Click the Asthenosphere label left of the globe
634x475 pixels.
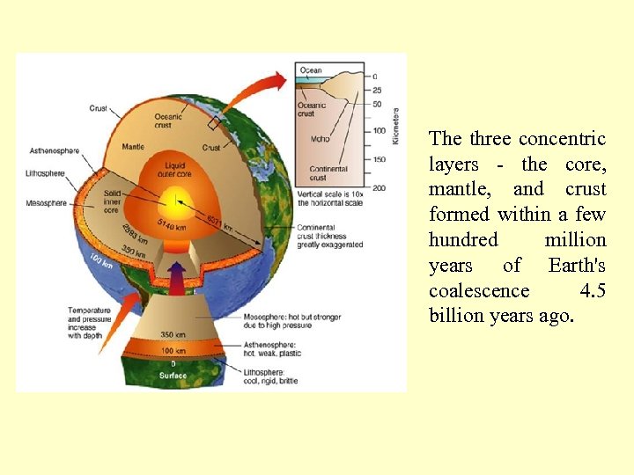point(54,150)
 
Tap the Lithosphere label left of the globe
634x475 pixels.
point(46,173)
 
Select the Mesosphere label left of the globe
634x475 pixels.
point(46,203)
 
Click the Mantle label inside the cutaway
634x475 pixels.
point(133,148)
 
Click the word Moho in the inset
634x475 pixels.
point(321,138)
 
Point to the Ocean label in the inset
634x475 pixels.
point(311,70)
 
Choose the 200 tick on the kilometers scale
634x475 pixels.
point(380,187)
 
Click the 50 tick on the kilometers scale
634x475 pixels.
point(378,104)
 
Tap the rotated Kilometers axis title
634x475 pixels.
point(395,127)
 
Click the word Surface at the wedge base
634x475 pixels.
point(173,376)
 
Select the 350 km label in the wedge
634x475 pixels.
point(173,335)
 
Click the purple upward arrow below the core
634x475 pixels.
point(177,281)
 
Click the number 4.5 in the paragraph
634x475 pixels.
point(593,290)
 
